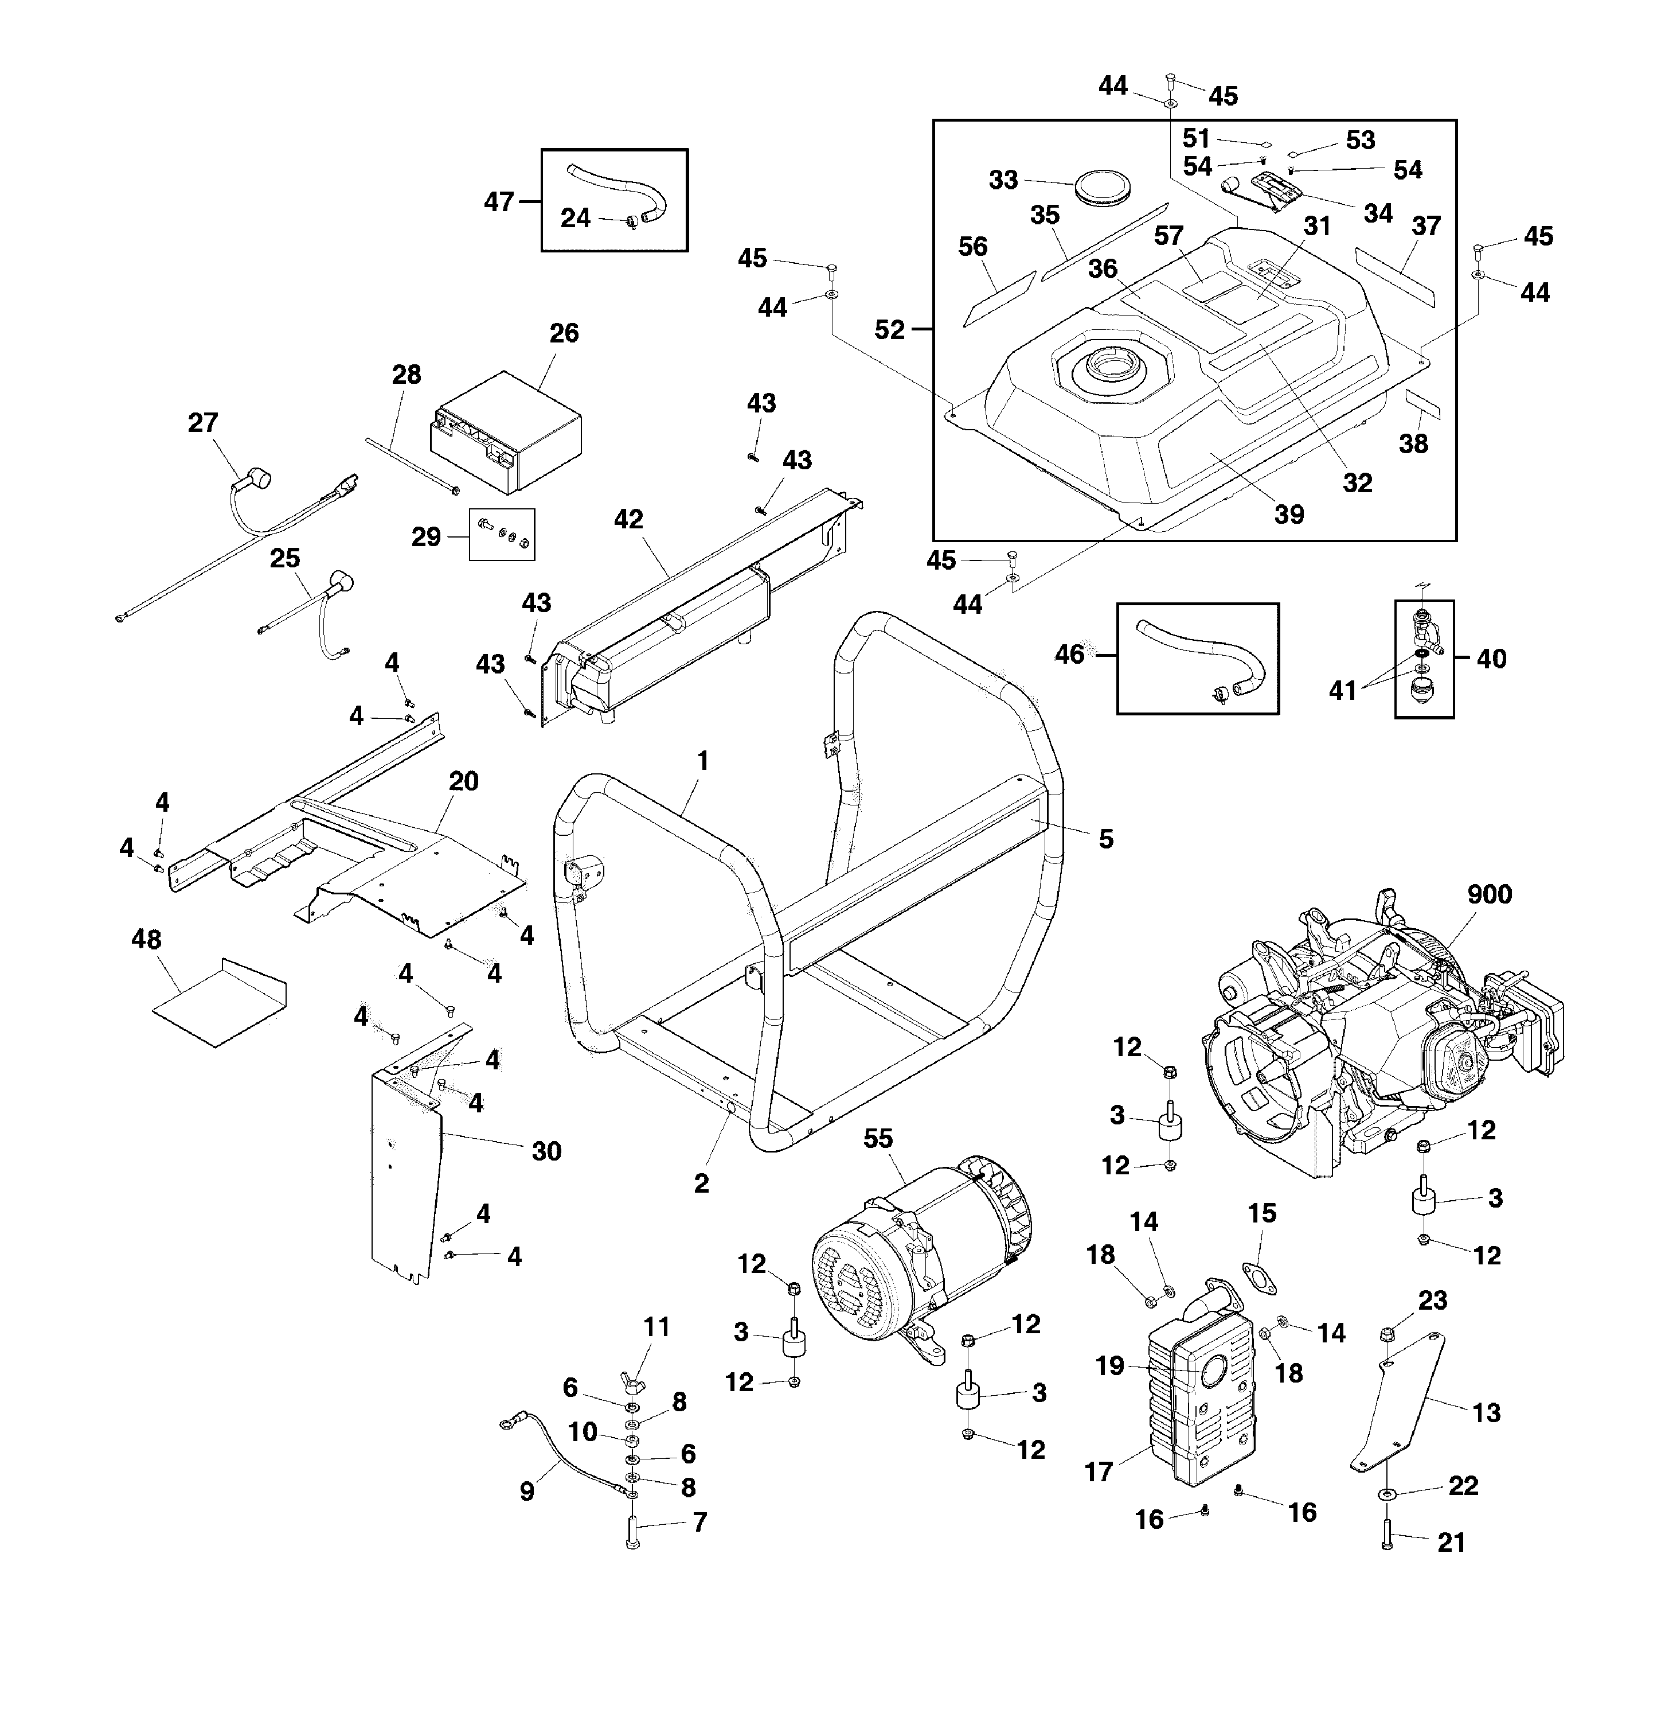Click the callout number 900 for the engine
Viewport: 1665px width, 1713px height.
pyautogui.click(x=1489, y=894)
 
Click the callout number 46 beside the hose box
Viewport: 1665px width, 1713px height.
pyautogui.click(x=1069, y=655)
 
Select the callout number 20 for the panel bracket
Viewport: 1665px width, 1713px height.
pyautogui.click(x=463, y=781)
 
